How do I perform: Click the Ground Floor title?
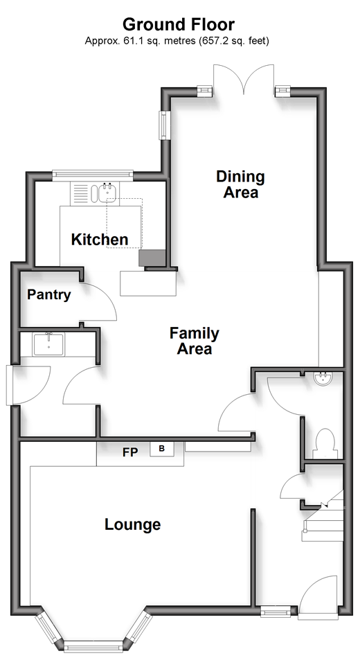(x=179, y=24)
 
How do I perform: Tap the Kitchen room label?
(x=100, y=240)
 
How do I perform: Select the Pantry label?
(x=49, y=294)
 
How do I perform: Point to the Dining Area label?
(x=240, y=184)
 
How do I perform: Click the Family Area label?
(x=195, y=341)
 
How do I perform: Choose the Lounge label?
(x=133, y=524)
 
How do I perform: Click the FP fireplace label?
(x=130, y=453)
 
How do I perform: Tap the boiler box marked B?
(x=162, y=449)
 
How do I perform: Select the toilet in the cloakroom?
(x=325, y=443)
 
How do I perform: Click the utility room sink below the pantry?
(x=48, y=344)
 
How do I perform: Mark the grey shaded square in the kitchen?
(x=153, y=258)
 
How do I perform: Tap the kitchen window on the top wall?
(x=93, y=176)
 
